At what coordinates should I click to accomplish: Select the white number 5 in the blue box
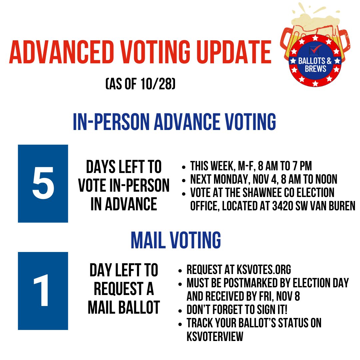coord(43,184)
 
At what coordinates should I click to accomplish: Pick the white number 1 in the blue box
coord(43,291)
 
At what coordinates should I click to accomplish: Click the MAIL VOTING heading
coord(176,240)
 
